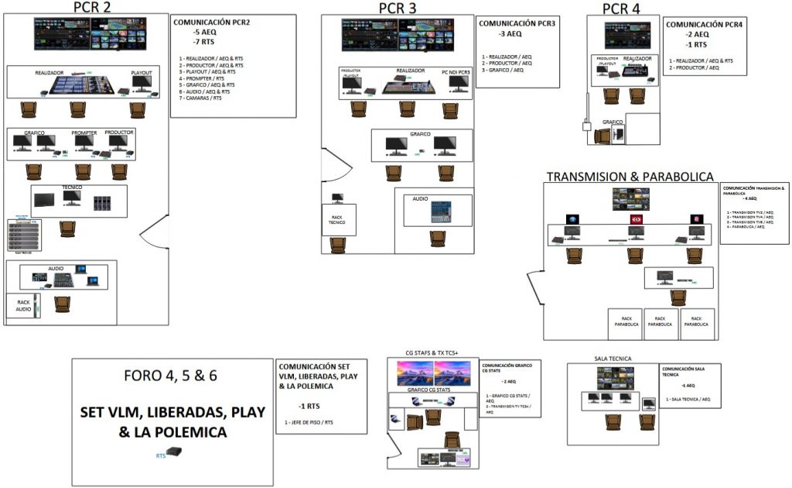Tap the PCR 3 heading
click(398, 9)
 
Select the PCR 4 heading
click(621, 9)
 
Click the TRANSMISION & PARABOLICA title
click(630, 177)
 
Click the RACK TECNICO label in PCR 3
click(337, 220)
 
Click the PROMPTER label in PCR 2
click(84, 133)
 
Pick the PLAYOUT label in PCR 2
click(141, 72)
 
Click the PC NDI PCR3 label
click(456, 72)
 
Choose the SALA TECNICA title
click(613, 359)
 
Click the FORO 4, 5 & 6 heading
click(170, 376)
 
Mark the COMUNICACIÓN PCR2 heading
click(211, 23)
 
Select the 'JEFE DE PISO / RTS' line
click(309, 422)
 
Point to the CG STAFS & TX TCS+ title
click(431, 354)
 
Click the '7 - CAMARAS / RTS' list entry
click(200, 98)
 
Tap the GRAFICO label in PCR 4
click(613, 122)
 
